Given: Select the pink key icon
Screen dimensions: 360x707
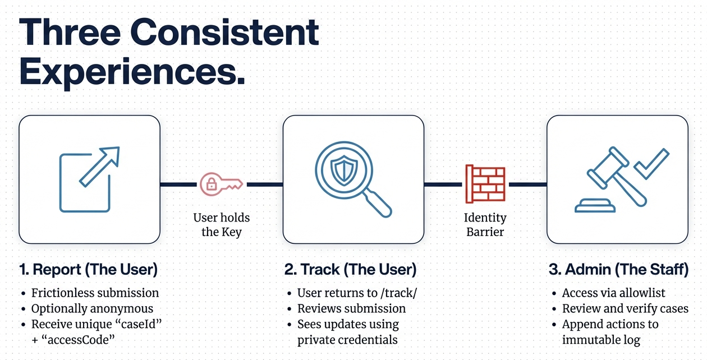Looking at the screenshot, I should (x=221, y=183).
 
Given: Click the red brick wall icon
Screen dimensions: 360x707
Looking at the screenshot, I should (x=485, y=183).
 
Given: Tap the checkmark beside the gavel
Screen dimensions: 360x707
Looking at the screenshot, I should (x=653, y=162).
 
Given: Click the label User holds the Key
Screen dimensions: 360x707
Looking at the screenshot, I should (x=222, y=224).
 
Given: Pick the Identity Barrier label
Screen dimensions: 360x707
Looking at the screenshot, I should (x=485, y=224).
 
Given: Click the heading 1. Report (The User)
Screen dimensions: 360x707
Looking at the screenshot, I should (x=88, y=270).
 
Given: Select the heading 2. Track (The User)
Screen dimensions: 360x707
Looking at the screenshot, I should (x=350, y=270).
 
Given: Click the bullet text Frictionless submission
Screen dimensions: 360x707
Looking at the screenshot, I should (x=95, y=293).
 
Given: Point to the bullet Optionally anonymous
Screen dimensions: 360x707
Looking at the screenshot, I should (x=92, y=308).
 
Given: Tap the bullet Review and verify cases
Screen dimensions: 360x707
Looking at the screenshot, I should (x=625, y=308).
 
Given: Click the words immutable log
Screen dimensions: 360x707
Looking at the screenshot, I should (x=601, y=340).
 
